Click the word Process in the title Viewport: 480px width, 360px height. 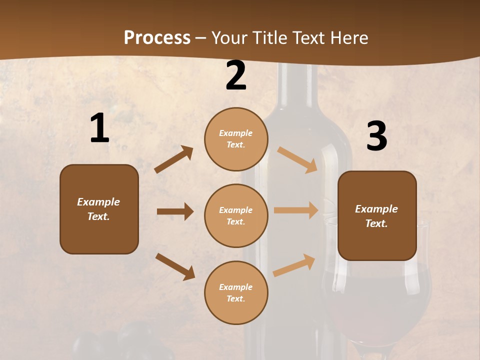[x=157, y=37]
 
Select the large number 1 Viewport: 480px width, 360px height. [x=99, y=128]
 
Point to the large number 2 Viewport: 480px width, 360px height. [x=236, y=75]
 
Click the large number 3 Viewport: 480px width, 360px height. [x=376, y=136]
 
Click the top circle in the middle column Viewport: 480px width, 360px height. [x=236, y=139]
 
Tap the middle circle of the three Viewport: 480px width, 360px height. [x=236, y=215]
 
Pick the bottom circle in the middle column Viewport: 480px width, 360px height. [x=236, y=292]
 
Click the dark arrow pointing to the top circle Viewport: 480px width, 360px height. [x=174, y=159]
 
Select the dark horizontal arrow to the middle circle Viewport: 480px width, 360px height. [x=175, y=211]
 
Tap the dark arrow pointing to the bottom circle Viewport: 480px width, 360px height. [x=175, y=266]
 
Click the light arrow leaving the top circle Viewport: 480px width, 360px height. [x=297, y=159]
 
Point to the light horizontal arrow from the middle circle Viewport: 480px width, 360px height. [x=296, y=210]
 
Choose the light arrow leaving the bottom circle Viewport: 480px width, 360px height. [x=294, y=265]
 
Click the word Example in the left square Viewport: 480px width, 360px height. [x=98, y=202]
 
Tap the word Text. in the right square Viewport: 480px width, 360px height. [x=376, y=223]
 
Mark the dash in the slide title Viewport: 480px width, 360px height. [x=201, y=38]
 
